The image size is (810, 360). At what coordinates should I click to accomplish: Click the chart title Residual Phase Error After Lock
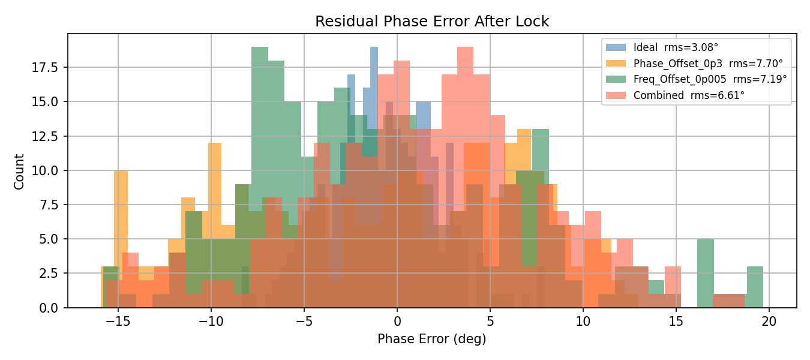click(432, 22)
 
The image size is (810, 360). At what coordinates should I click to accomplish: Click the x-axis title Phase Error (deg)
click(431, 339)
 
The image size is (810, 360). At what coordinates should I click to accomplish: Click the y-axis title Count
click(19, 172)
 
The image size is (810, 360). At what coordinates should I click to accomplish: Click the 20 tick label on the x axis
click(769, 321)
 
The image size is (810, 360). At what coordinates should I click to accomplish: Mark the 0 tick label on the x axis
click(397, 321)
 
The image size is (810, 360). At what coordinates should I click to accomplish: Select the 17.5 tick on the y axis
click(46, 67)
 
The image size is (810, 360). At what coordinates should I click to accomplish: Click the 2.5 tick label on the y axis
click(49, 274)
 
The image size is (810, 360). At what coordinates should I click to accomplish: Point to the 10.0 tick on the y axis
click(46, 170)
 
